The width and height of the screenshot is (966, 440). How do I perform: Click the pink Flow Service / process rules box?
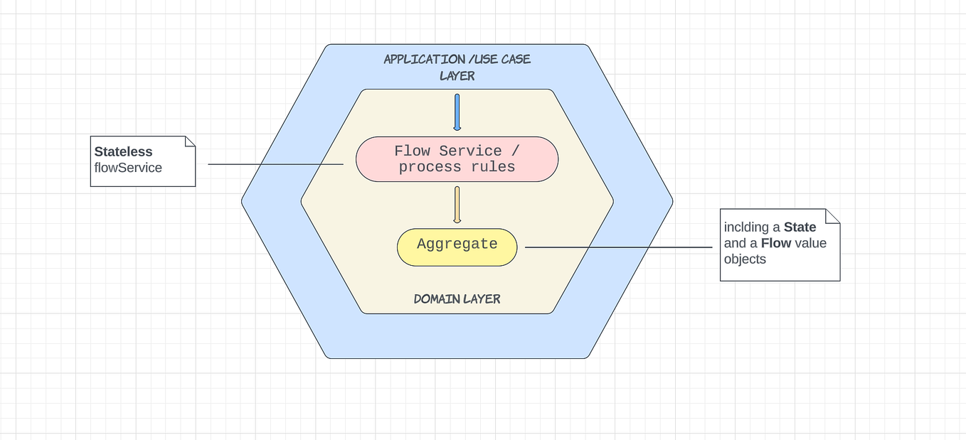pos(457,159)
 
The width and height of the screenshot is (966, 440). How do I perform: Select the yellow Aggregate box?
pos(457,247)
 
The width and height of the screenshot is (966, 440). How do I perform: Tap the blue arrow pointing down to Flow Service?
pos(457,112)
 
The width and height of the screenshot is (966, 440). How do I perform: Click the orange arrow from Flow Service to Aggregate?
pos(457,205)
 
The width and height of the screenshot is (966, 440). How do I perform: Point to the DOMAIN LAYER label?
pos(457,299)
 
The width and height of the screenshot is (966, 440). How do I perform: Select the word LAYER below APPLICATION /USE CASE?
pos(457,75)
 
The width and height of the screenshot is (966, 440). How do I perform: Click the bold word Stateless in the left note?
pos(123,151)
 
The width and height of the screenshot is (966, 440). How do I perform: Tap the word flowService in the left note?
pos(128,168)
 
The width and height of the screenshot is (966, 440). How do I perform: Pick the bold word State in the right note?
pos(800,227)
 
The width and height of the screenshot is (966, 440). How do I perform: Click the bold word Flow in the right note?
pos(775,243)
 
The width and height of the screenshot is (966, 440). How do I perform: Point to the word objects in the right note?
pos(745,259)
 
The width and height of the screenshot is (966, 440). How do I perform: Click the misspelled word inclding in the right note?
pos(747,227)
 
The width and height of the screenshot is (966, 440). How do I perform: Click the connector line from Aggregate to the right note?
pos(619,247)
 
